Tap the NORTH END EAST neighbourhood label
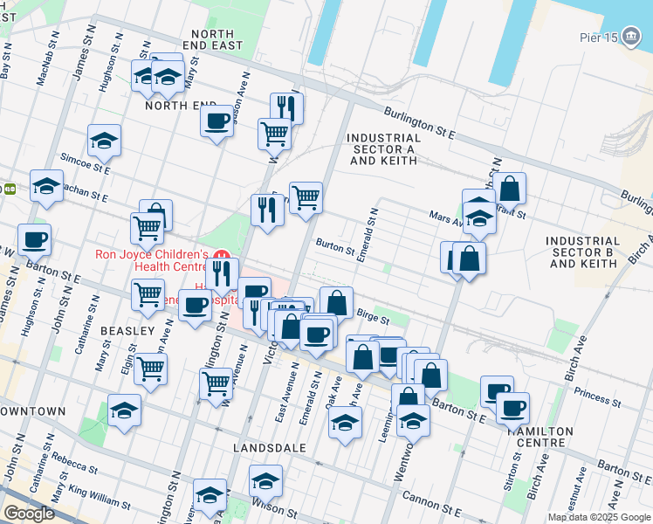[x=210, y=39]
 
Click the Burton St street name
[x=335, y=247]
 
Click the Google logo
[x=29, y=514]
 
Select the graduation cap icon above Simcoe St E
[x=104, y=139]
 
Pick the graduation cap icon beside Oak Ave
[x=345, y=422]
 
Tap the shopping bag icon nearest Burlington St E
[x=509, y=187]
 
